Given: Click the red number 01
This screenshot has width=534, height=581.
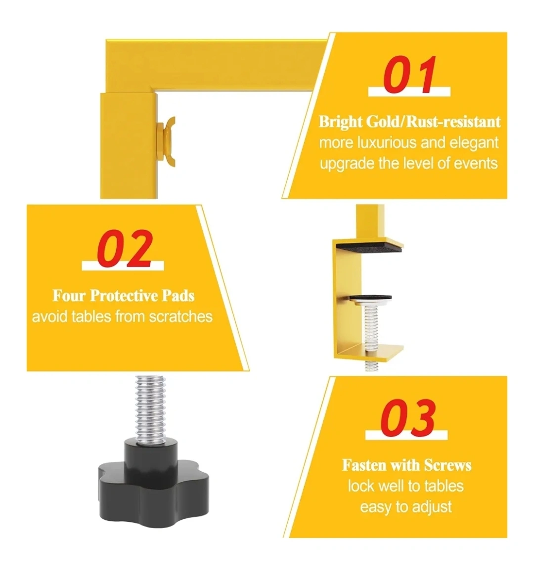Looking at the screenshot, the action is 409,75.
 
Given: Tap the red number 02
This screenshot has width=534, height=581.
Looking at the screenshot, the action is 125,248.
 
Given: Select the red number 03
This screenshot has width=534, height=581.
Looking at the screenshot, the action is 407,417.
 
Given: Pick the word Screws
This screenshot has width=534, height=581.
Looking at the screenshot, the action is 447,465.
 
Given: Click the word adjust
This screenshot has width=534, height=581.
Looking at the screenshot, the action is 432,507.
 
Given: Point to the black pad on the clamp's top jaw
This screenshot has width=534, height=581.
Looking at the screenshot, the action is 369,246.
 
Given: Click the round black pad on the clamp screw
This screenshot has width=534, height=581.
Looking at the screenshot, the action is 370,298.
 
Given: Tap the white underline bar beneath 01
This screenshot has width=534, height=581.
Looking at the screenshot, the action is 409,91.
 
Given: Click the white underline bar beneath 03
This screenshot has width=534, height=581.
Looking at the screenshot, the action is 406,435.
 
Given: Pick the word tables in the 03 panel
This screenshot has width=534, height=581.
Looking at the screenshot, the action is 444,486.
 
